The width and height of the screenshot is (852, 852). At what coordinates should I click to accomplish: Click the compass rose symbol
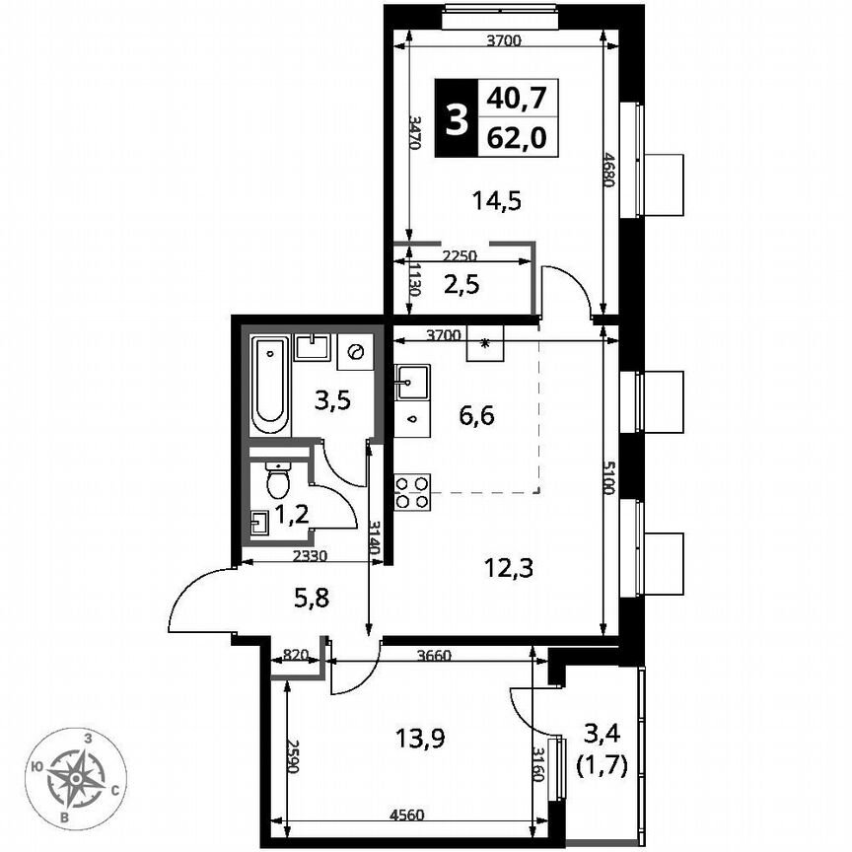[76, 776]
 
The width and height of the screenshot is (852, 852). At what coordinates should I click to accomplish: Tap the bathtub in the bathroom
[269, 387]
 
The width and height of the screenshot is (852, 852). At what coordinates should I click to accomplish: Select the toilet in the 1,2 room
[278, 480]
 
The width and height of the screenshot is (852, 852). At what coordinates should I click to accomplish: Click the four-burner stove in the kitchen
[412, 491]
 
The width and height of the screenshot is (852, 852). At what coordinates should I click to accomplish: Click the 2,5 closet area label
[462, 288]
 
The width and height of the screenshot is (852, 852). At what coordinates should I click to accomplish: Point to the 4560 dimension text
[407, 814]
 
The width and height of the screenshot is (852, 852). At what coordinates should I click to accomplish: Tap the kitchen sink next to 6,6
[411, 381]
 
